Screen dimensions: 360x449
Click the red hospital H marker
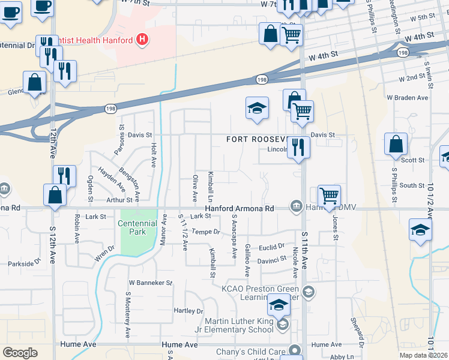click(x=142, y=40)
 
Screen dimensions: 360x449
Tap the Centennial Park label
click(x=139, y=227)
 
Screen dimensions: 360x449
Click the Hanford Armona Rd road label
click(x=239, y=209)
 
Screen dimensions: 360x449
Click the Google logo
click(x=20, y=352)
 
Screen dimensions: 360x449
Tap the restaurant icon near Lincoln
click(x=298, y=146)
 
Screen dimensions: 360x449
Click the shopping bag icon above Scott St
click(x=396, y=144)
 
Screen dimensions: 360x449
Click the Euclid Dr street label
click(x=272, y=247)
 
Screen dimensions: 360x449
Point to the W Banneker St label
click(x=151, y=282)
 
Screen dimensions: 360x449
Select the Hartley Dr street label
click(x=188, y=311)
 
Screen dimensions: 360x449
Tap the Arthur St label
click(x=119, y=200)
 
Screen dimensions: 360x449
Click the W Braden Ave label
click(x=408, y=97)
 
